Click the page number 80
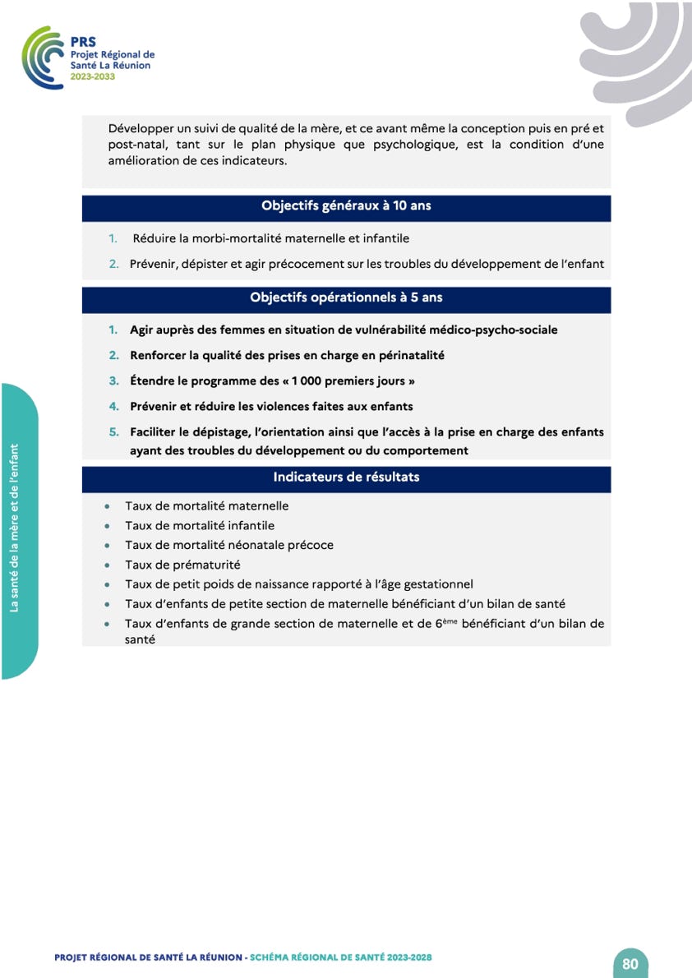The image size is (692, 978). point(630,964)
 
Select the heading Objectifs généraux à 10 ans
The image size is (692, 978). point(346,206)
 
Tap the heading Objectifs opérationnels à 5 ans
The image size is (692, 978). point(346,298)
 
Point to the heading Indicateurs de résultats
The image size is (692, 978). point(346,477)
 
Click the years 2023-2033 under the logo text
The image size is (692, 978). point(92,76)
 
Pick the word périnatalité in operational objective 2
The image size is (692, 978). point(407,356)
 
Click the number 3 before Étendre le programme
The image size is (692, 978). point(114,381)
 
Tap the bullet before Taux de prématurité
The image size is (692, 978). point(108,565)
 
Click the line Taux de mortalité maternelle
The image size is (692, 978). point(206,506)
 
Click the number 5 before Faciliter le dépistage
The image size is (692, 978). point(114,431)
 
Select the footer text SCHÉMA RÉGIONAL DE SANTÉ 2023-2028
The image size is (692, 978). point(340,957)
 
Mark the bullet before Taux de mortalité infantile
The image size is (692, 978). point(108,526)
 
